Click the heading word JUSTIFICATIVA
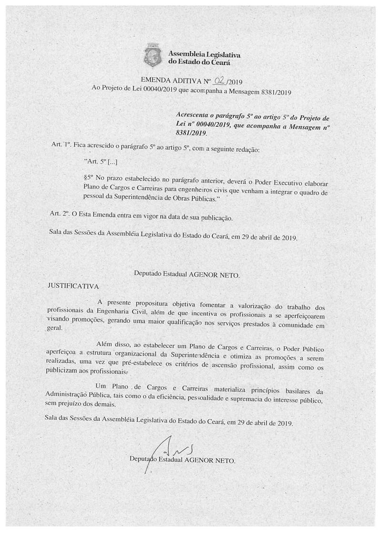pos(73,286)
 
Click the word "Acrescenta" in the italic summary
pos(193,116)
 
